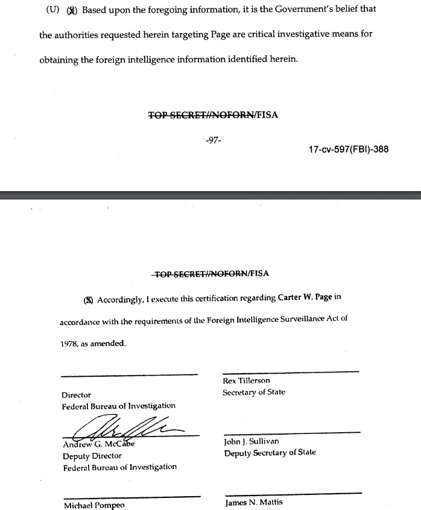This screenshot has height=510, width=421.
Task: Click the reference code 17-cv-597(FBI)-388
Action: pos(348,150)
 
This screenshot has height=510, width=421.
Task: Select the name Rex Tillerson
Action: pos(246,381)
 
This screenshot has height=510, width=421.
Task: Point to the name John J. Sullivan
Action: pos(252,442)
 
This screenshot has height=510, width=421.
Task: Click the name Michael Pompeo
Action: pos(94,506)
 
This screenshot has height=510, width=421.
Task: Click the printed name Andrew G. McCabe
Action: pos(99,445)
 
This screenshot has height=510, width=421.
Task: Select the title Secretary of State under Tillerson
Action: pos(254,392)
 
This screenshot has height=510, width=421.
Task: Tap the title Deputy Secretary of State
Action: pos(270,453)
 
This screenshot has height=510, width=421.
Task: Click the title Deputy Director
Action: pos(92,456)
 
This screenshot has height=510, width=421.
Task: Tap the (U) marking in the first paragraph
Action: pos(52,10)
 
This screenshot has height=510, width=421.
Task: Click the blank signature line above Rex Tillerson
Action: pos(291,371)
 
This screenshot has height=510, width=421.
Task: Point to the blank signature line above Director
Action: pos(129,375)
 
